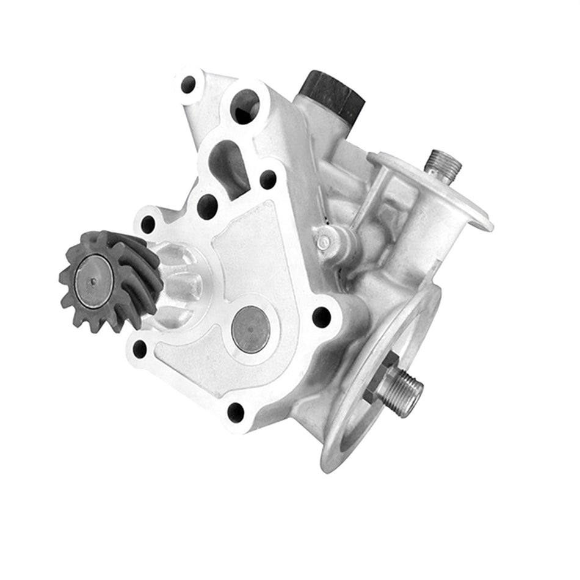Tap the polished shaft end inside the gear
pos(93,281)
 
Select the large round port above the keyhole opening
pos(244,106)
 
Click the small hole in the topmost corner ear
pos(188,84)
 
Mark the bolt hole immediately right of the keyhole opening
pos(268,179)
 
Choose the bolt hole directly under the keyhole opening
pos(208,206)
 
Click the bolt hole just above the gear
pos(148,224)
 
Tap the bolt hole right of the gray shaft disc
pos(321,317)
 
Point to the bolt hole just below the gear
pos(140,349)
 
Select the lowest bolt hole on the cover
pos(236,412)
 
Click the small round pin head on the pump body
pos(324,242)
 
